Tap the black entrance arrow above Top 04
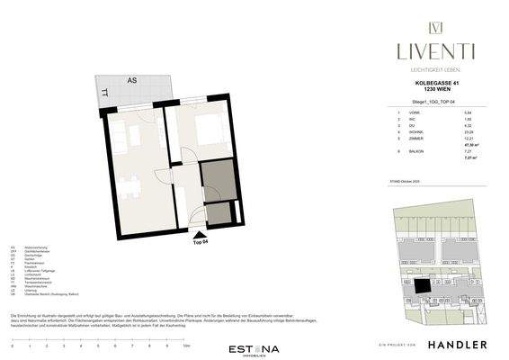198,233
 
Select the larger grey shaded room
216,180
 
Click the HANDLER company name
457,345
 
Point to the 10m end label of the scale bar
186,345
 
